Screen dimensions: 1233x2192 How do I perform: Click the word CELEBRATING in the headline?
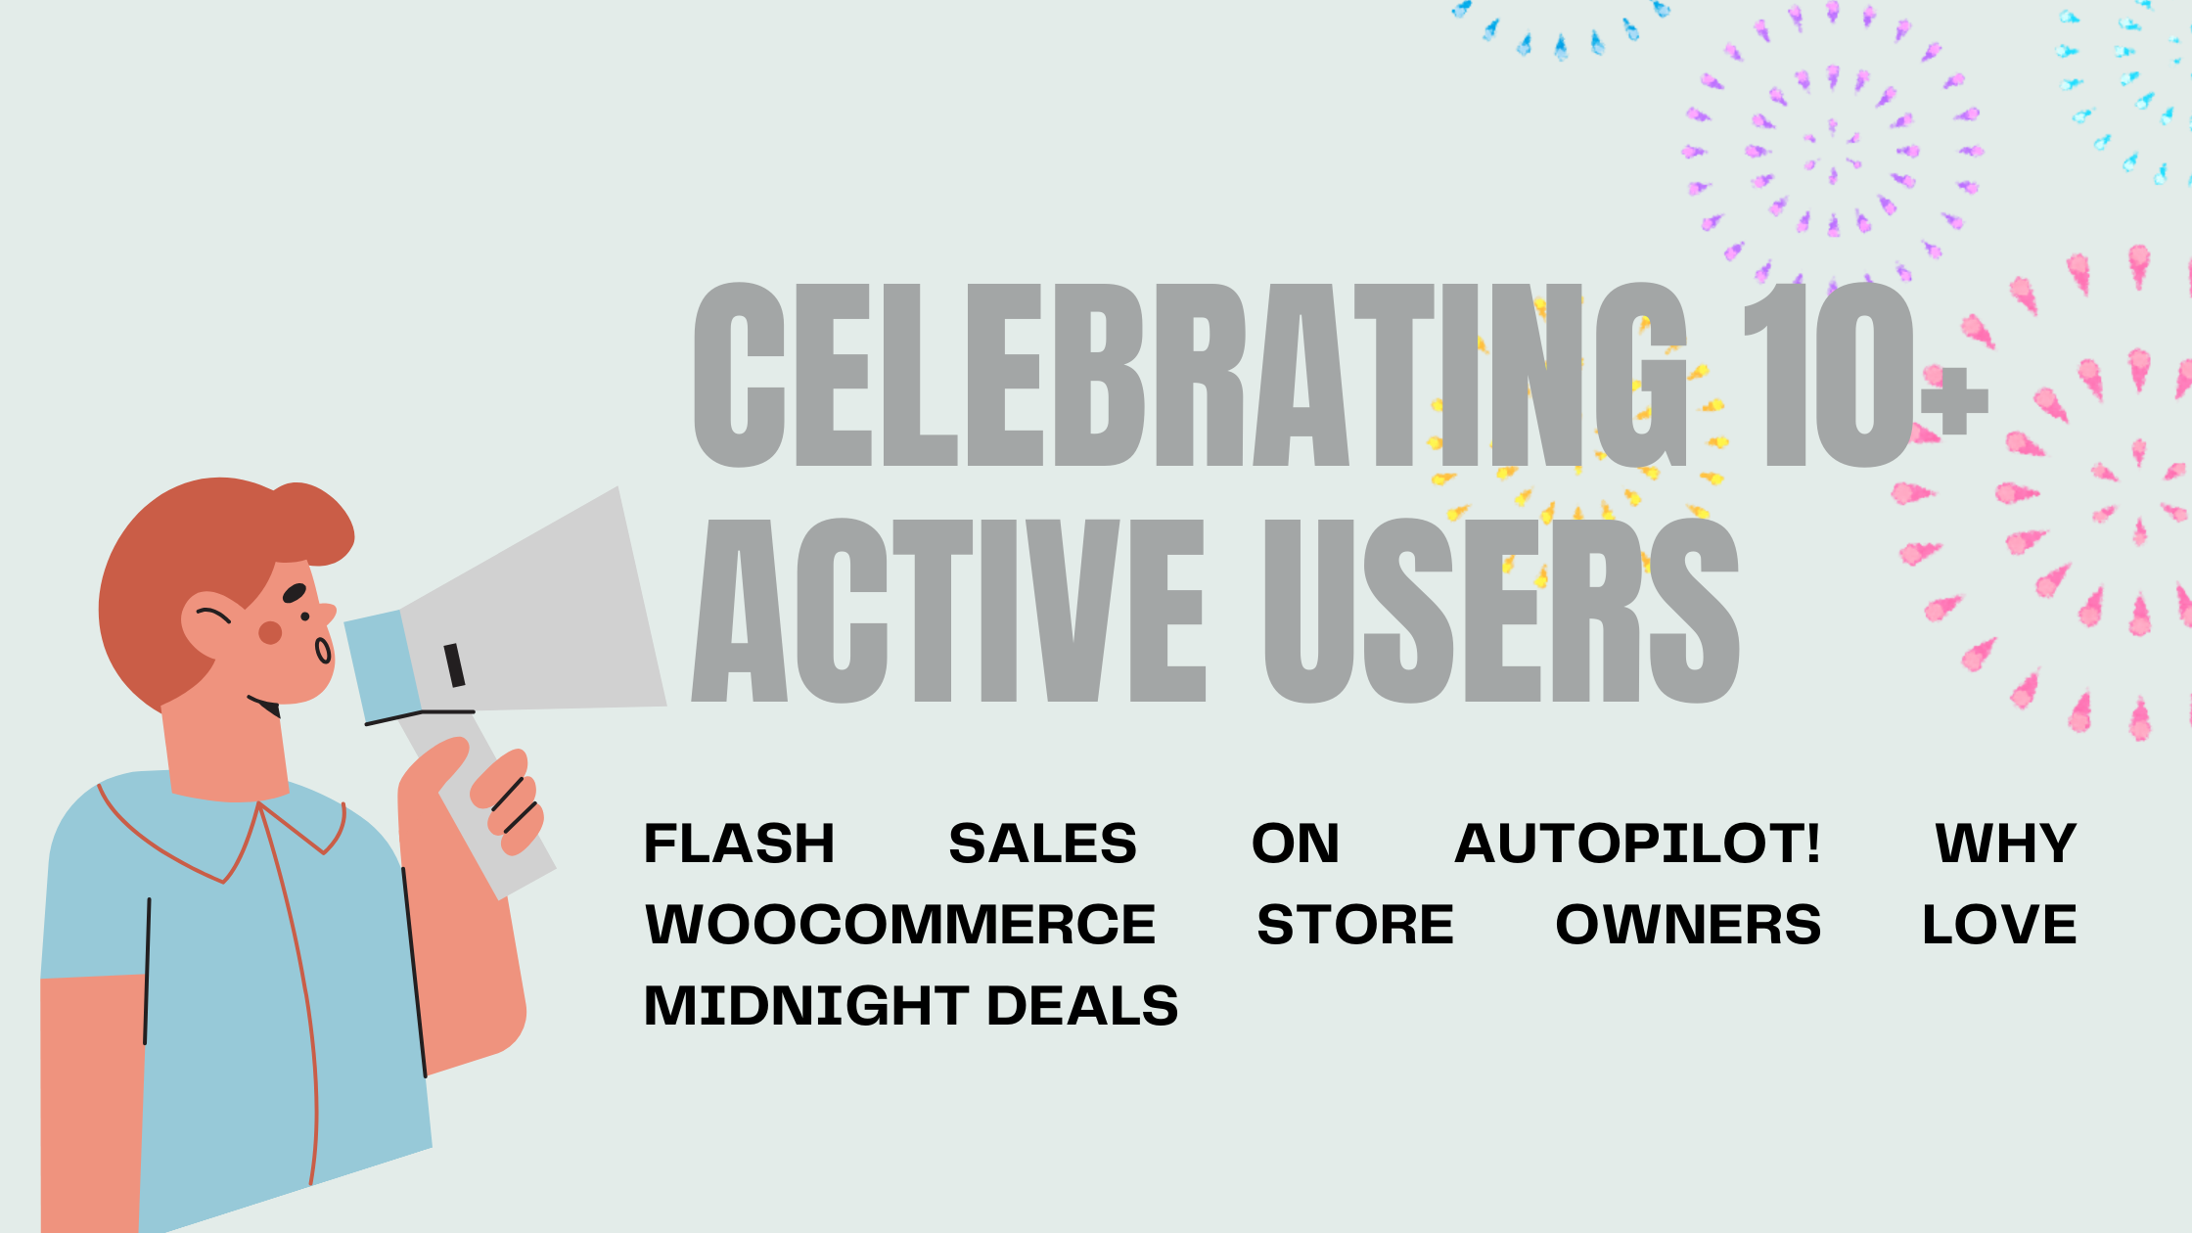pos(1189,375)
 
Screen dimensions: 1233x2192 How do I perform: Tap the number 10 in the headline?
pos(1828,375)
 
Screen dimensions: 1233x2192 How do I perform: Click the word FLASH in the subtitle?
pos(739,844)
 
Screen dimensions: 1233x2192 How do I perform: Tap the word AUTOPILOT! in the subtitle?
pos(1637,844)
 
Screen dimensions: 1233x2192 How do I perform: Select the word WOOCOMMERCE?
pos(900,925)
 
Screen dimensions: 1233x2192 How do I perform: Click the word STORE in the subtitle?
pos(1355,925)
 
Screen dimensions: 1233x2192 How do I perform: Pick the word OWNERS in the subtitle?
pos(1688,925)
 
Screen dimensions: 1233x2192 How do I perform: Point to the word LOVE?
pos(1999,925)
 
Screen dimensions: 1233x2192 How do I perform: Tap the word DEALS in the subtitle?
pos(1082,1006)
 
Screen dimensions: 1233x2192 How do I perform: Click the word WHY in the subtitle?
pos(2006,844)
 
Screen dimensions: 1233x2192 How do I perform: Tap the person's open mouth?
pos(323,650)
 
